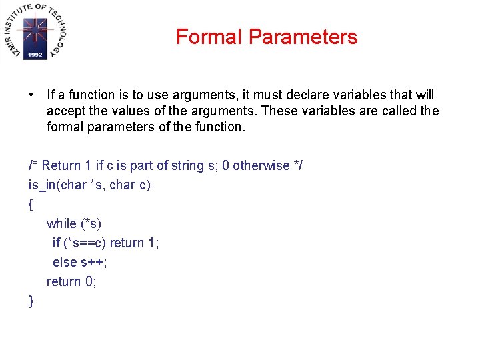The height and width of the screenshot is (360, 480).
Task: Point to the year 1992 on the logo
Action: pyautogui.click(x=35, y=55)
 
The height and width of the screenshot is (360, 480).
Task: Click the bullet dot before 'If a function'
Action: pyautogui.click(x=32, y=95)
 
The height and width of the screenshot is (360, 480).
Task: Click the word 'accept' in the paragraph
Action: pyautogui.click(x=67, y=111)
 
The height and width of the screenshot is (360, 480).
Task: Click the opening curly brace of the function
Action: pyautogui.click(x=31, y=205)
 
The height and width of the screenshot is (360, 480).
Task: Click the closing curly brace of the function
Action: pyautogui.click(x=31, y=301)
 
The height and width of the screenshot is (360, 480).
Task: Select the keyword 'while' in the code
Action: pyautogui.click(x=61, y=223)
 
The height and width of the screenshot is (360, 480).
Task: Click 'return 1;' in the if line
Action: pyautogui.click(x=134, y=243)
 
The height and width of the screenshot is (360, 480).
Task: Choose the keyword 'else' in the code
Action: pyautogui.click(x=65, y=262)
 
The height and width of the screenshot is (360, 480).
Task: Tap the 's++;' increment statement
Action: pyautogui.click(x=94, y=262)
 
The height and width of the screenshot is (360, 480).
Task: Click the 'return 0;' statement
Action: pyautogui.click(x=71, y=281)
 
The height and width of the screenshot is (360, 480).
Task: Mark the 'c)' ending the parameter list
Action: pyautogui.click(x=144, y=185)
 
